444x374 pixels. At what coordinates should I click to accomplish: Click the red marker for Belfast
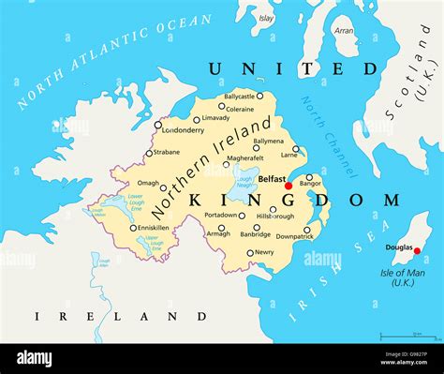click(x=288, y=186)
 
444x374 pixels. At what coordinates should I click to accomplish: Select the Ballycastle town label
click(x=239, y=96)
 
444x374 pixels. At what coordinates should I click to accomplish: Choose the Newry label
click(x=265, y=252)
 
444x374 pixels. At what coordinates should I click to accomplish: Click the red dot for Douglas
click(x=417, y=250)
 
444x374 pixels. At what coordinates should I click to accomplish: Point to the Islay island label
click(x=267, y=18)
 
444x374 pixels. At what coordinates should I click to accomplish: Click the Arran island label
click(x=345, y=30)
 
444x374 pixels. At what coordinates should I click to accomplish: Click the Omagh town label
click(x=149, y=184)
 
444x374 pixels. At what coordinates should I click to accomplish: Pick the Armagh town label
click(x=218, y=233)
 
